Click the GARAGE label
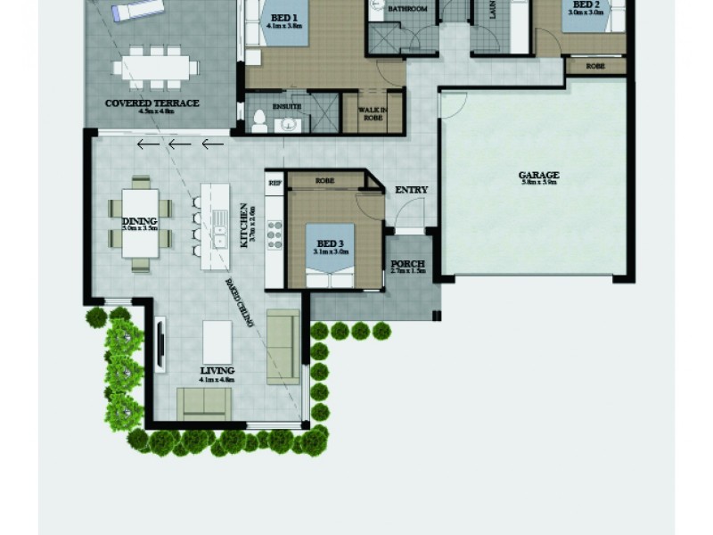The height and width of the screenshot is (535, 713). (538, 176)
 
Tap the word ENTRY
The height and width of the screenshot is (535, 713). (411, 190)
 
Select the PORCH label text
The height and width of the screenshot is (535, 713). (407, 264)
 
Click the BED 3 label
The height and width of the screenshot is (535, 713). (330, 243)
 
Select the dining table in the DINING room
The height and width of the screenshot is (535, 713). (140, 223)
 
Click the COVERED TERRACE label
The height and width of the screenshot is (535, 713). (152, 103)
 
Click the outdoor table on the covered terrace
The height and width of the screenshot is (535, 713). (156, 68)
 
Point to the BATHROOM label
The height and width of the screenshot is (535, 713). (406, 9)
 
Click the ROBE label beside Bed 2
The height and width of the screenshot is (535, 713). (597, 67)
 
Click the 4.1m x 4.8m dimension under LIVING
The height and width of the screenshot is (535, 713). (217, 379)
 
